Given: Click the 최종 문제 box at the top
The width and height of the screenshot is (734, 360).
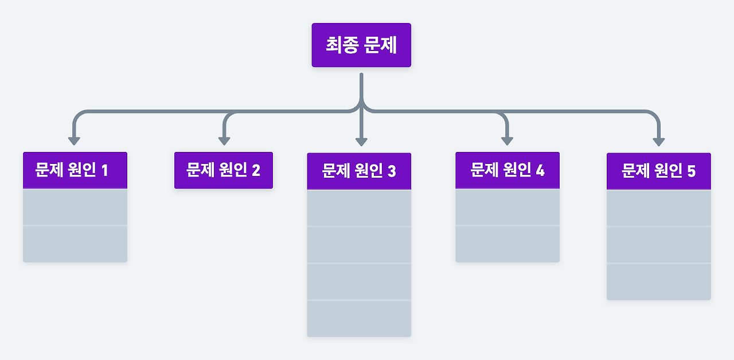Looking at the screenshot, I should pos(361,45).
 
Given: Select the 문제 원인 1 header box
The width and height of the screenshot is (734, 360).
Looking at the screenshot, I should pos(75,170).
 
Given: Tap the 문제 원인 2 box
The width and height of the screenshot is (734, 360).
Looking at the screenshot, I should pos(224,170).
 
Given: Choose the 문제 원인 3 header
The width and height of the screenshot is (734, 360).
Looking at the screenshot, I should pos(359,171).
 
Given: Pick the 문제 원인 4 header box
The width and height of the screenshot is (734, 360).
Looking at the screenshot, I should pos(507,170).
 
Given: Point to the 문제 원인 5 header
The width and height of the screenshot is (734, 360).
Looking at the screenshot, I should pos(659,171).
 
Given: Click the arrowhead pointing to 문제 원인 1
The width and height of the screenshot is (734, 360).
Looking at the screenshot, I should pos(74,140).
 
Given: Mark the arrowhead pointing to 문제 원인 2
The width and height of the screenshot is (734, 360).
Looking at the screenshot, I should pos(224,140).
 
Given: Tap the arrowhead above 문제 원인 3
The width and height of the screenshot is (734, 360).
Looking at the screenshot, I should pos(361,141).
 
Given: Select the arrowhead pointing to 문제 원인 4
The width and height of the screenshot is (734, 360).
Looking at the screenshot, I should pos(507,140).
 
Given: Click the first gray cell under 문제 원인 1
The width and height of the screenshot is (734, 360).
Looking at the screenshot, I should pos(75,207).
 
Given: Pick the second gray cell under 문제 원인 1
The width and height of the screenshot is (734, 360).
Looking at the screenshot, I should pos(75,244).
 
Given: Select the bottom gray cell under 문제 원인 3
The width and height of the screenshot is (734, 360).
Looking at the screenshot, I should pos(359,319).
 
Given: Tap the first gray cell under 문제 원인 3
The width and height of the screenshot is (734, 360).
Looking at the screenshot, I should pos(359,208).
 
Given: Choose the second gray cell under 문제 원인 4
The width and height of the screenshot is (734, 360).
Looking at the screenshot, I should pos(507,244).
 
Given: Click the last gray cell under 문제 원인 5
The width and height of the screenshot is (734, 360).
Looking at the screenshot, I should pos(659,282).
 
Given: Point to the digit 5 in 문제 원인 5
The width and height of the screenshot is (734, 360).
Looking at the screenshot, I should pos(691,171).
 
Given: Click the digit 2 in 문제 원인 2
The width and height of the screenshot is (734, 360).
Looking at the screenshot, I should pos(256,170).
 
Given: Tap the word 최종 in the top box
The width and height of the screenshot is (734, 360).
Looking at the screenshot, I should pos(342,45).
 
